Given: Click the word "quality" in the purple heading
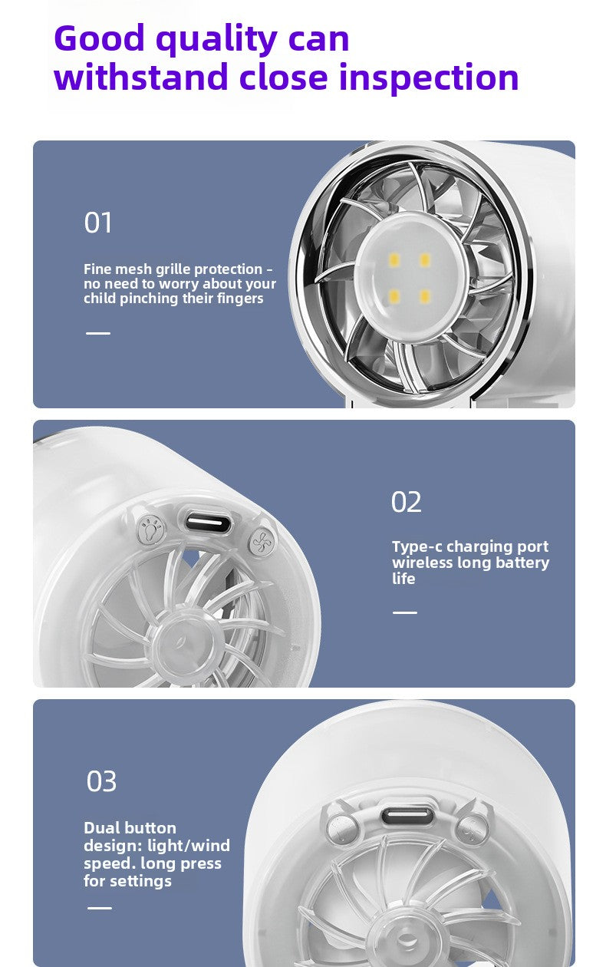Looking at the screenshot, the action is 216,41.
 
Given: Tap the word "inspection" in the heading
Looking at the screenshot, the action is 429,78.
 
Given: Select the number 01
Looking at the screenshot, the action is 97,223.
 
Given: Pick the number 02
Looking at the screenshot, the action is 406,502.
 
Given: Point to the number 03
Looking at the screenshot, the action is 101,781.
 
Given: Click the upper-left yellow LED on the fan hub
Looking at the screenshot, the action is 394,260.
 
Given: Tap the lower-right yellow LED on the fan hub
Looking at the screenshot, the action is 425,296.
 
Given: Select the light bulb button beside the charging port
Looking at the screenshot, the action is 151,530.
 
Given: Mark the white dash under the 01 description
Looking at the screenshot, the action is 98,333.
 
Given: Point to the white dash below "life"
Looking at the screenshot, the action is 405,612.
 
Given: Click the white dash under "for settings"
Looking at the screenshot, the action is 99,909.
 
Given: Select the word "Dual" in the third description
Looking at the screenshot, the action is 99,828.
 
